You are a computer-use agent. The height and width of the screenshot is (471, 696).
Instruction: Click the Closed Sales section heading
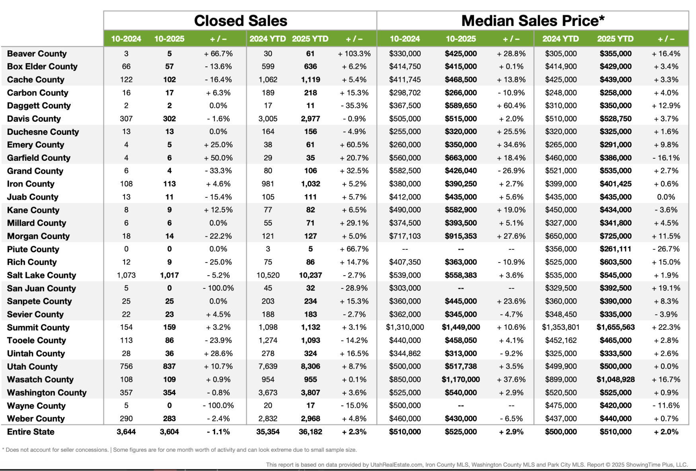pyautogui.click(x=240, y=21)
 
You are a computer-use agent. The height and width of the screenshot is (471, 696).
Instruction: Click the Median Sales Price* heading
pyautogui.click(x=533, y=21)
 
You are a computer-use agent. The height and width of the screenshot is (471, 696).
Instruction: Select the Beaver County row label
pyautogui.click(x=37, y=54)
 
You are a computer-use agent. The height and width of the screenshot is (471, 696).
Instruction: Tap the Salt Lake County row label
pyautogui.click(x=41, y=275)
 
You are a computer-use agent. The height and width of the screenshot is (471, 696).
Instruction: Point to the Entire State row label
pyautogui.click(x=31, y=432)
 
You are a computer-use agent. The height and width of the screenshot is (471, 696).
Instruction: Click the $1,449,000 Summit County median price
pyautogui.click(x=461, y=327)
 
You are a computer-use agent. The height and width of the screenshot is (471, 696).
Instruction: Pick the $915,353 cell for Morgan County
pyautogui.click(x=461, y=236)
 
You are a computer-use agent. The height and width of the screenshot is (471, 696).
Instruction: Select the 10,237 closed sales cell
pyautogui.click(x=310, y=275)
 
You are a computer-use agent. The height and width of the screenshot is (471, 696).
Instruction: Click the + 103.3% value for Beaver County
pyautogui.click(x=354, y=54)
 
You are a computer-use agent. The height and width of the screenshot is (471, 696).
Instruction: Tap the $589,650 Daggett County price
pyautogui.click(x=461, y=106)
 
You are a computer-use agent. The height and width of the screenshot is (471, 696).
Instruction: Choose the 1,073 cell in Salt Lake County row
pyautogui.click(x=126, y=275)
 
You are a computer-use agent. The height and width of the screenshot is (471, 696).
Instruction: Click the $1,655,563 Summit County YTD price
pyautogui.click(x=615, y=327)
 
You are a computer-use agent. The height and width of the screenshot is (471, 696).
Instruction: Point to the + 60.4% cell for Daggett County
pyautogui.click(x=511, y=106)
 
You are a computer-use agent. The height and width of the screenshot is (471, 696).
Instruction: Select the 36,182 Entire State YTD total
pyautogui.click(x=310, y=432)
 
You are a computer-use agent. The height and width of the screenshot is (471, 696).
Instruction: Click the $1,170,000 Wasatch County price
pyautogui.click(x=461, y=380)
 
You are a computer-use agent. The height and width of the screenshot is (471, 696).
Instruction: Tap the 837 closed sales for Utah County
pyautogui.click(x=169, y=366)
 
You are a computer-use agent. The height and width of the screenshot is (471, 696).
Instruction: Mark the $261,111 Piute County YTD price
pyautogui.click(x=615, y=249)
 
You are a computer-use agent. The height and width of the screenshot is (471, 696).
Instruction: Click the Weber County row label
pyautogui.click(x=36, y=419)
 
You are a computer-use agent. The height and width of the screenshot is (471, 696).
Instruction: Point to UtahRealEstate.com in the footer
pyautogui.click(x=396, y=465)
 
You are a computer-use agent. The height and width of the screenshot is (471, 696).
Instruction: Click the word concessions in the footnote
pyautogui.click(x=91, y=450)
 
